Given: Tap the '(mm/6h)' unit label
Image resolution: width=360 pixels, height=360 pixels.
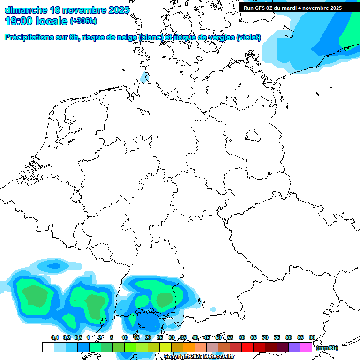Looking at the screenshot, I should (x=327, y=348).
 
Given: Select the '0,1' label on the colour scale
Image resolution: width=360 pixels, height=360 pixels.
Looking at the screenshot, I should (x=55, y=337).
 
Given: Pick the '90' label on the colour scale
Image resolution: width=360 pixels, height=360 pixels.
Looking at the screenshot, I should (x=312, y=337).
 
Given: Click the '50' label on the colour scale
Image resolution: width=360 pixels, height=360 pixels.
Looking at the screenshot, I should (x=218, y=337).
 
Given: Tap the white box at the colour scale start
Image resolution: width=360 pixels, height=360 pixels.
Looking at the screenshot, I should (x=48, y=347).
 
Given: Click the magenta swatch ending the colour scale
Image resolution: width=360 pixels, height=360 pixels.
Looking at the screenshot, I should (x=306, y=347).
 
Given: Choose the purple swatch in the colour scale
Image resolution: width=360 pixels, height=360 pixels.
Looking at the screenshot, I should (x=294, y=347).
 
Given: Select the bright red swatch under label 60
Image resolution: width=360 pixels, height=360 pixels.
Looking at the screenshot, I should (x=247, y=347).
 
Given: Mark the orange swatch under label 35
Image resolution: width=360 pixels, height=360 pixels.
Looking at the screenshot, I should (x=189, y=347).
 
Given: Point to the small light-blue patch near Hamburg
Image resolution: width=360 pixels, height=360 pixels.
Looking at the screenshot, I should (x=145, y=78).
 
